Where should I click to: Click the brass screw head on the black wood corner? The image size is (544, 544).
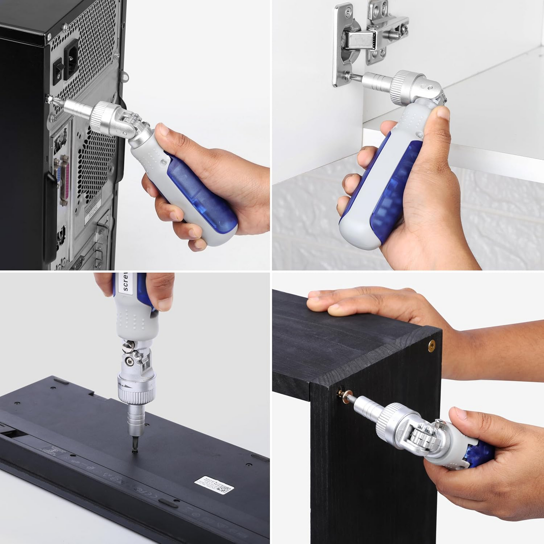pyautogui.click(x=432, y=344)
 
